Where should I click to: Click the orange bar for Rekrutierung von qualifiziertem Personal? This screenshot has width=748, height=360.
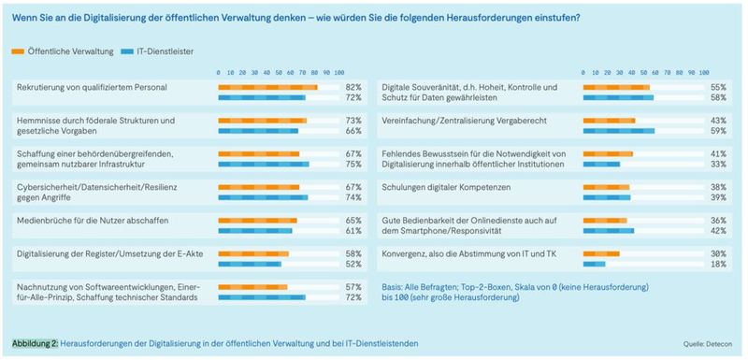[267, 87]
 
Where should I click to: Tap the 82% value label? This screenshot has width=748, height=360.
[353, 87]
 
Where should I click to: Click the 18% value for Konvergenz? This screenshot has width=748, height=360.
[718, 264]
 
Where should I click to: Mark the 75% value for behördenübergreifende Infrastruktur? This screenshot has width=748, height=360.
[353, 164]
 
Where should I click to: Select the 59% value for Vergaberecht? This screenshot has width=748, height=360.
[718, 130]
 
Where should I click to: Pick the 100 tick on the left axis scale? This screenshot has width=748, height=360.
[338, 71]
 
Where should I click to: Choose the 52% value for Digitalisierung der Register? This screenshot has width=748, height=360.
[353, 264]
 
